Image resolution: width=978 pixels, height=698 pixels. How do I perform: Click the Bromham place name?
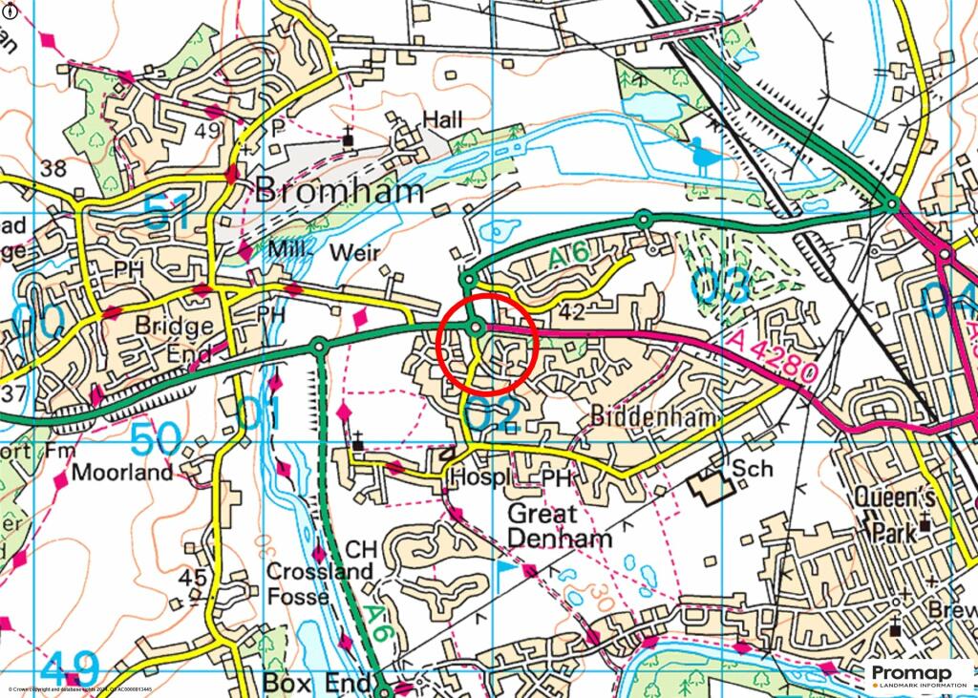pos(340,191)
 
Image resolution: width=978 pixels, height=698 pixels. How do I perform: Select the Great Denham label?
pos(558,525)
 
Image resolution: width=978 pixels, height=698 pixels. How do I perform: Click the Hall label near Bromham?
pos(442,119)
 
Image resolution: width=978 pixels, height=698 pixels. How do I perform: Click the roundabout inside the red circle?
pos(476,328)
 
